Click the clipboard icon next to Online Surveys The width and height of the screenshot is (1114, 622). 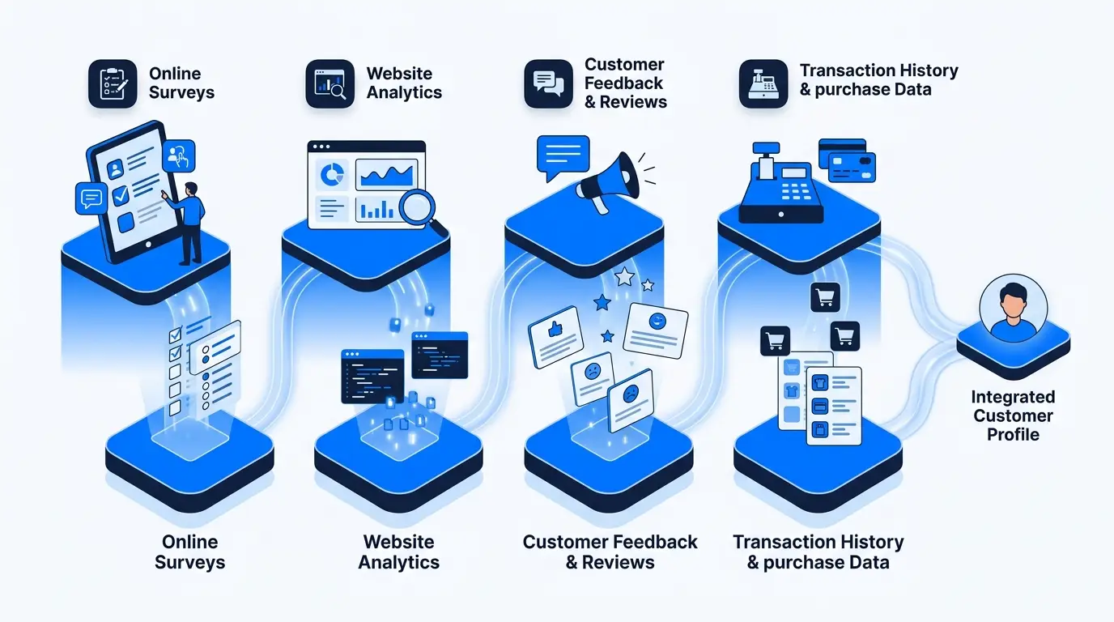(x=113, y=83)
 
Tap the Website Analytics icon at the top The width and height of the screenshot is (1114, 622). (x=330, y=83)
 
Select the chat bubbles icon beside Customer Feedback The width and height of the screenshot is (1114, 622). (x=549, y=83)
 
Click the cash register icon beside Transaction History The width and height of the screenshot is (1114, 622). (x=763, y=83)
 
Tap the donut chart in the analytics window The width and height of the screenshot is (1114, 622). (x=332, y=175)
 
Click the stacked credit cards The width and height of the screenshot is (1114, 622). (x=847, y=160)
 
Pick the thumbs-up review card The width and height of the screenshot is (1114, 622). (x=556, y=337)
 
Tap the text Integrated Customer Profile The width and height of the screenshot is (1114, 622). (x=1013, y=415)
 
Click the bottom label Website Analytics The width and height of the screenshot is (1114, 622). (x=399, y=552)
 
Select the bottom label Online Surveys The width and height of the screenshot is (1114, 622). (x=190, y=552)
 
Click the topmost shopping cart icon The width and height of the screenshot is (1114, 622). (x=825, y=297)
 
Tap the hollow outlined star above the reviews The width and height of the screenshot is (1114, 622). (x=625, y=277)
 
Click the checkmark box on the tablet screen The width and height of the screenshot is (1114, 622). (x=121, y=195)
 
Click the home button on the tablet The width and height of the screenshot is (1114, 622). (x=148, y=245)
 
